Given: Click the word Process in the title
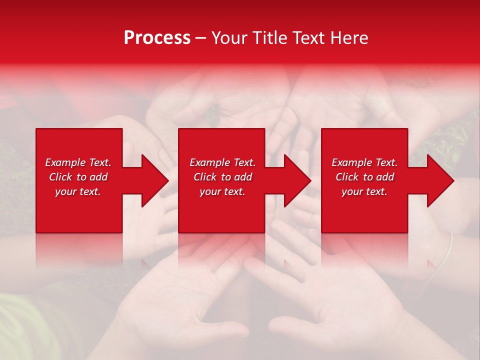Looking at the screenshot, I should (157, 38).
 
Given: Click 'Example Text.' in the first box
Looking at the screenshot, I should (78, 162).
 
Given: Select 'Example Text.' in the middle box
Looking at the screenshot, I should (222, 162).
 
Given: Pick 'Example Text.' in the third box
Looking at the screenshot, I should (364, 162).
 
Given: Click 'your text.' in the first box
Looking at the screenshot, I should (78, 191).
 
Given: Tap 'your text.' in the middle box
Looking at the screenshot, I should (222, 191).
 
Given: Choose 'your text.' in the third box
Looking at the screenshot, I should (364, 191).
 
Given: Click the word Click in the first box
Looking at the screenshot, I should (61, 177).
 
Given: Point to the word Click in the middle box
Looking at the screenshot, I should (205, 177).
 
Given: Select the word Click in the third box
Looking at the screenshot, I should (347, 177).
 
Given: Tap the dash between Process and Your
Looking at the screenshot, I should (200, 38).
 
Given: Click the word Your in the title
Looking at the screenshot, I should (229, 38).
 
